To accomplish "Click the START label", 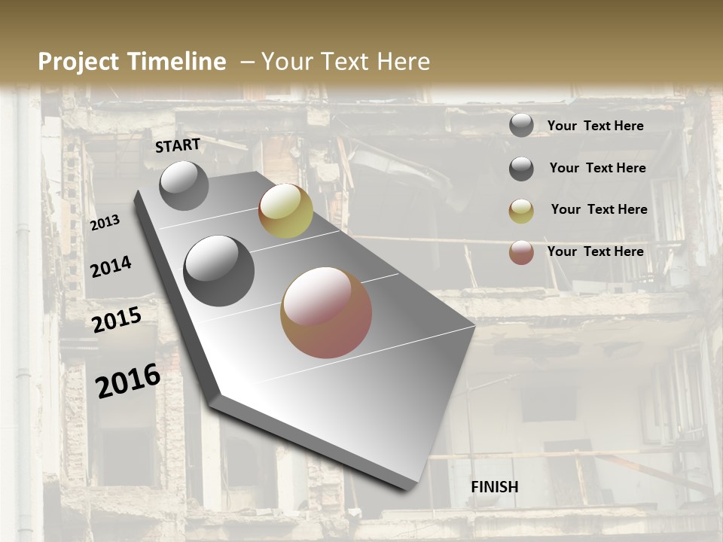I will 178,145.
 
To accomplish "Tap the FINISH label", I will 495,486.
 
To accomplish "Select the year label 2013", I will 105,222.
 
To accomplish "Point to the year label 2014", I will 111,267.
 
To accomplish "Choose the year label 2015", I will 117,321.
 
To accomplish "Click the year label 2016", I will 128,381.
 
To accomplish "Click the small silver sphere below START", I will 184,185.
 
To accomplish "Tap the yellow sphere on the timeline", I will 285,211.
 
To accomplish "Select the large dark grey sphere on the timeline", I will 219,271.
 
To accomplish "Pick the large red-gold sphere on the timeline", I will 326,312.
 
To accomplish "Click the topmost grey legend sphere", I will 521,125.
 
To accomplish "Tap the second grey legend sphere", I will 521,168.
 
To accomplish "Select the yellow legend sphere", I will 521,210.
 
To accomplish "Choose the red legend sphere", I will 521,252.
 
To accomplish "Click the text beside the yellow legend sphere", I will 599,209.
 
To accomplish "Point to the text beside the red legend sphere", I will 595,251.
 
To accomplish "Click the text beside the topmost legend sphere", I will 595,126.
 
